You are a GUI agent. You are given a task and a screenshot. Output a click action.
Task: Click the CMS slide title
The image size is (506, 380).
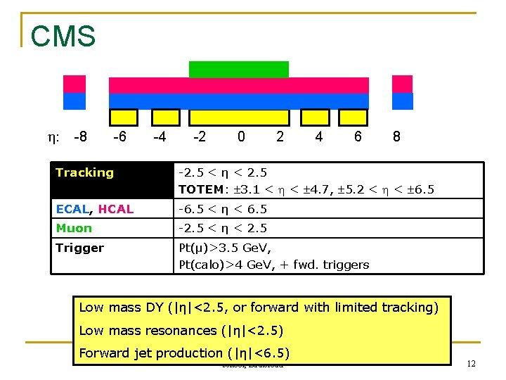click(63, 35)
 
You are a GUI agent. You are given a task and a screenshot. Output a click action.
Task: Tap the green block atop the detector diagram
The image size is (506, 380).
click(238, 69)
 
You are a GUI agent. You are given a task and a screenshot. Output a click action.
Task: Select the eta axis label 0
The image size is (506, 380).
click(241, 137)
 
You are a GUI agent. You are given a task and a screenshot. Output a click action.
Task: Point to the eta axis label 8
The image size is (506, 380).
click(396, 137)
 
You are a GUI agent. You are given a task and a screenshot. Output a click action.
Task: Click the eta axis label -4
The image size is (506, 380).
click(160, 137)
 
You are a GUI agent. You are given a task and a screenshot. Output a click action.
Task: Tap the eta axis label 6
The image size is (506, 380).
click(358, 137)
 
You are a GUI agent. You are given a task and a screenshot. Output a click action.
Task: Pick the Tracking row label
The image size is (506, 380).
click(84, 172)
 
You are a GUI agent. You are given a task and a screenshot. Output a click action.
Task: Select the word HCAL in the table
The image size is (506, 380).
click(116, 209)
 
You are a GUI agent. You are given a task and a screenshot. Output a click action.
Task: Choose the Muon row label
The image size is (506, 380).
click(74, 228)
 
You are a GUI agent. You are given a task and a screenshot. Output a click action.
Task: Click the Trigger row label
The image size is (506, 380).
click(79, 248)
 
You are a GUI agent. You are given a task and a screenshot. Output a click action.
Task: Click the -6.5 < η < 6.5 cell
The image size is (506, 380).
click(222, 209)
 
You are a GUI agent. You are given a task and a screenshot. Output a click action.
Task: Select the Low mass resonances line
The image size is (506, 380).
click(182, 330)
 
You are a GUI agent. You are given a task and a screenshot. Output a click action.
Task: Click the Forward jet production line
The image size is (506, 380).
click(184, 353)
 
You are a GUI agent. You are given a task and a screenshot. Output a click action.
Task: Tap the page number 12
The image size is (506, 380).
click(471, 363)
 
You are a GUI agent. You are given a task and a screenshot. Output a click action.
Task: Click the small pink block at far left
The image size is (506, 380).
click(74, 84)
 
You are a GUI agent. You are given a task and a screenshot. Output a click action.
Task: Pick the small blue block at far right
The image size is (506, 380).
click(403, 101)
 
